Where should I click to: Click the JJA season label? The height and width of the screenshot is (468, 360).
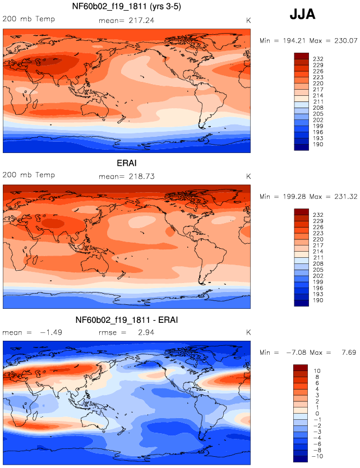click(x=302, y=15)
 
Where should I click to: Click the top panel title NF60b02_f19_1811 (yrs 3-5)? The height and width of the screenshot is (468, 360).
click(x=127, y=6)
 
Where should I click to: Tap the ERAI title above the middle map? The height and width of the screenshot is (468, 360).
click(x=127, y=163)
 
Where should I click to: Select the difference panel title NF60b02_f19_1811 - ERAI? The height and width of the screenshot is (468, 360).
click(x=127, y=320)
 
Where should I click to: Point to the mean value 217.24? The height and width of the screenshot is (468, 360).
click(x=141, y=20)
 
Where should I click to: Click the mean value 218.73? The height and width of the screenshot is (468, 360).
click(x=141, y=177)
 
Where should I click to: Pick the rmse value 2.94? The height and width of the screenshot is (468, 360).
click(x=146, y=332)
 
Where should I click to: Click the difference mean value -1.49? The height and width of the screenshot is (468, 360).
click(x=50, y=332)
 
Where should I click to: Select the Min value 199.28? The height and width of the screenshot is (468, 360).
click(x=294, y=197)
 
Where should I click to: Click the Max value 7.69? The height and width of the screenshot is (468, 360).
click(x=349, y=353)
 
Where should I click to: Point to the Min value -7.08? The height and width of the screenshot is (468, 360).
click(x=296, y=353)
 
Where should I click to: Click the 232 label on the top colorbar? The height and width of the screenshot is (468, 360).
click(x=318, y=59)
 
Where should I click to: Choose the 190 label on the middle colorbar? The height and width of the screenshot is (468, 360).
click(x=318, y=300)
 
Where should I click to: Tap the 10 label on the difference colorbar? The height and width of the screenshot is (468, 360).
click(x=317, y=371)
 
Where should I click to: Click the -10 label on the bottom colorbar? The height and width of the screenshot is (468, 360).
click(x=317, y=456)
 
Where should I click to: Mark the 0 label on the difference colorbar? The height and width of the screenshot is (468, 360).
click(x=317, y=414)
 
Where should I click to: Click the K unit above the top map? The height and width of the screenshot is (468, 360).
click(x=248, y=20)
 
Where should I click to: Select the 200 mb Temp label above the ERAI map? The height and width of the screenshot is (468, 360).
click(x=29, y=175)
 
